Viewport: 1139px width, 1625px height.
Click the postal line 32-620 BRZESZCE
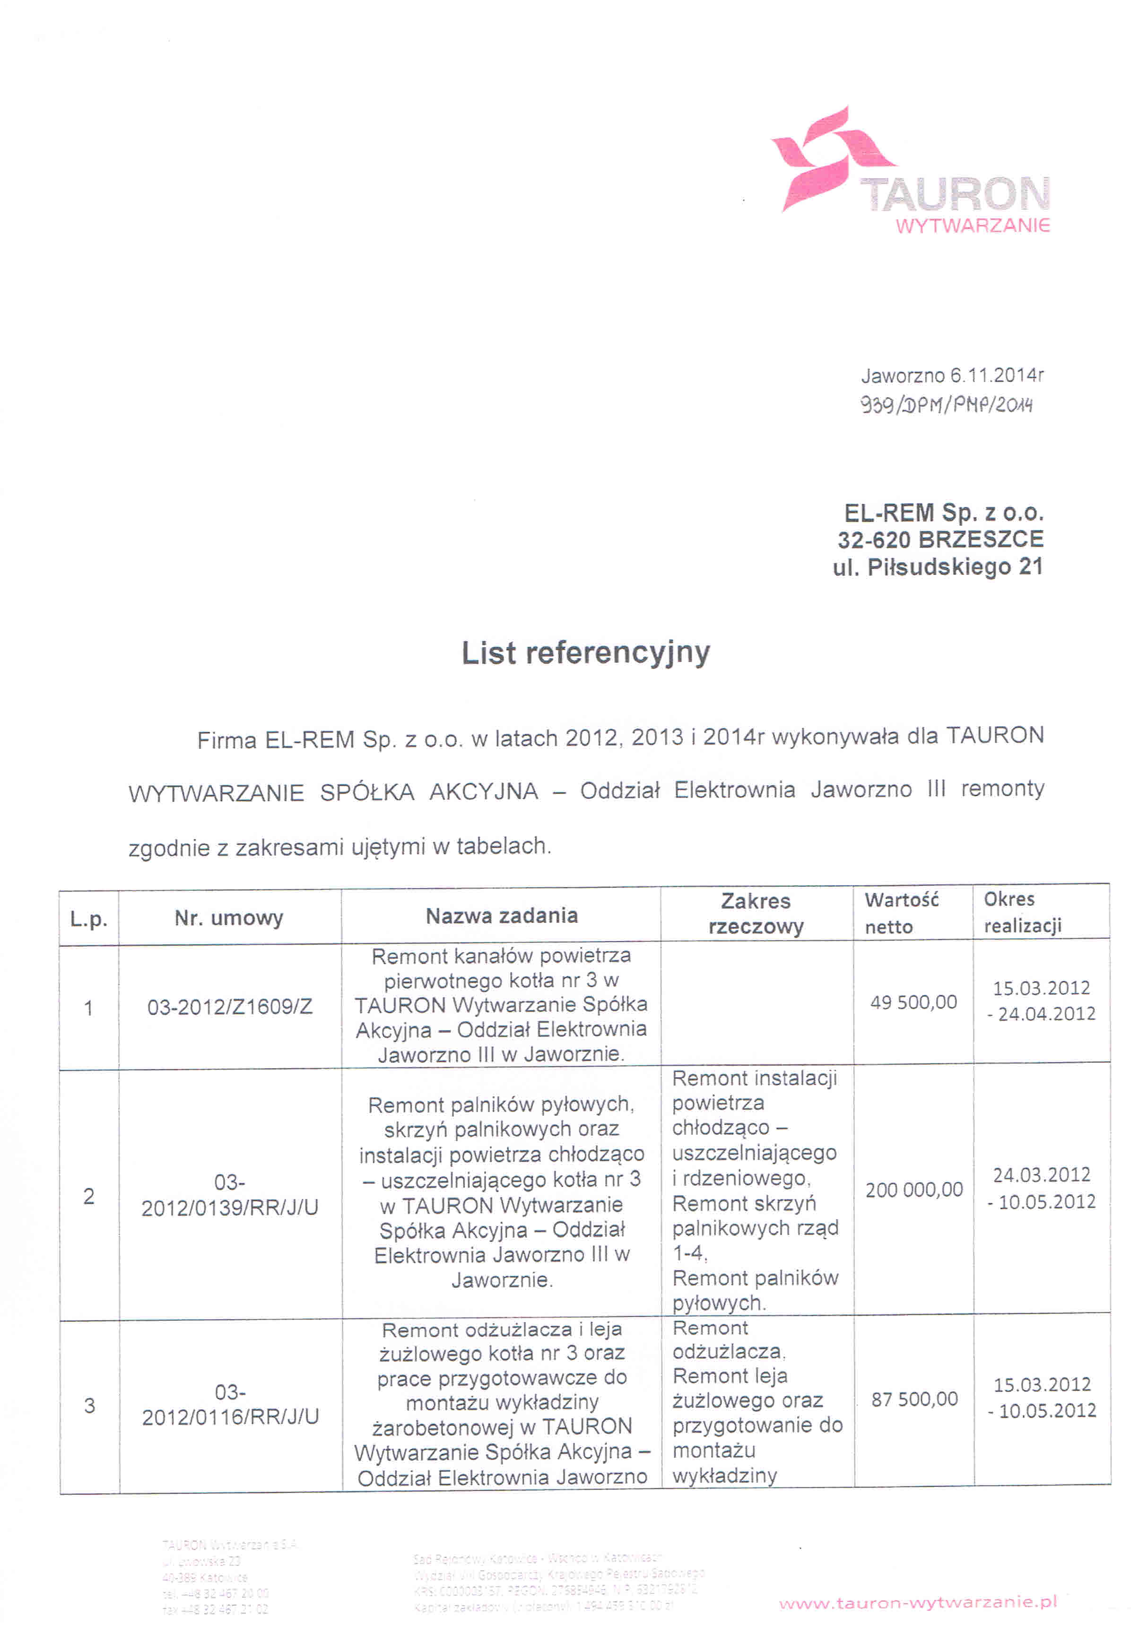(940, 540)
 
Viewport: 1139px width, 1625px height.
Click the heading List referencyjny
(585, 652)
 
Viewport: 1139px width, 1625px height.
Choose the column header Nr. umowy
(229, 918)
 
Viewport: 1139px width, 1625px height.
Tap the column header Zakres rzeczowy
(756, 914)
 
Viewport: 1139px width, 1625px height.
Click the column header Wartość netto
(901, 913)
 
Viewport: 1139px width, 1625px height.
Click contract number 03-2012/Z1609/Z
(229, 1007)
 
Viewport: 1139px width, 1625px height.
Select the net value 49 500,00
(913, 1002)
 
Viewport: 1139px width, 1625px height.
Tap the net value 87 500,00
(914, 1399)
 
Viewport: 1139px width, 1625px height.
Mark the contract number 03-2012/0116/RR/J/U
(230, 1404)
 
